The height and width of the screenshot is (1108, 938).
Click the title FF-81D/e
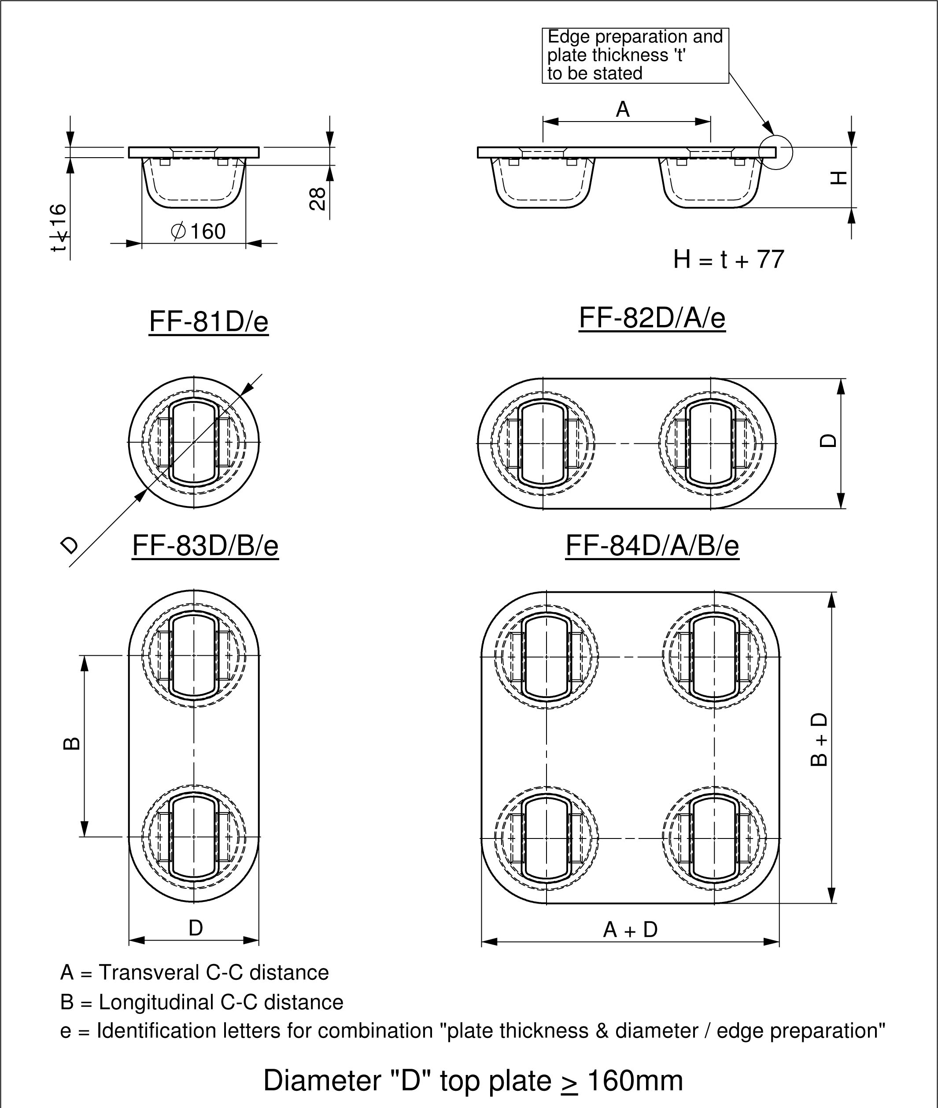[208, 321]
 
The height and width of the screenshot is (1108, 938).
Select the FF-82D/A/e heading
[652, 318]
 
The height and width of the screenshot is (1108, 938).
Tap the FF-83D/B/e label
[205, 546]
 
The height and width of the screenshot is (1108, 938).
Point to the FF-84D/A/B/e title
[652, 546]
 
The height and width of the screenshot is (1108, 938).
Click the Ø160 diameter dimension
[198, 231]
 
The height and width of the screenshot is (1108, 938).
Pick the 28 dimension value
[318, 199]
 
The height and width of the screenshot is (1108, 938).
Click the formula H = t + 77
[728, 259]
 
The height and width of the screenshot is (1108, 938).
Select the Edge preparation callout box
[635, 55]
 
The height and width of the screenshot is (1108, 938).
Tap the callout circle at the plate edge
[776, 152]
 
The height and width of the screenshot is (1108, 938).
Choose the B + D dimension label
[819, 739]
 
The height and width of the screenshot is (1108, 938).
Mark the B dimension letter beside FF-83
[72, 743]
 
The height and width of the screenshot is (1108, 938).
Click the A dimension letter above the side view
[623, 110]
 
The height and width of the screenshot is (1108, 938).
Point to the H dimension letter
[838, 177]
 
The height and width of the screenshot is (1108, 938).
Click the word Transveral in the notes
[149, 972]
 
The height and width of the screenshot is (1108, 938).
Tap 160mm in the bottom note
[635, 1081]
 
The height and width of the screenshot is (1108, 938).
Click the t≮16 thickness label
[59, 228]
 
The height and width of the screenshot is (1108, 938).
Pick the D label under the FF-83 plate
[196, 928]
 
